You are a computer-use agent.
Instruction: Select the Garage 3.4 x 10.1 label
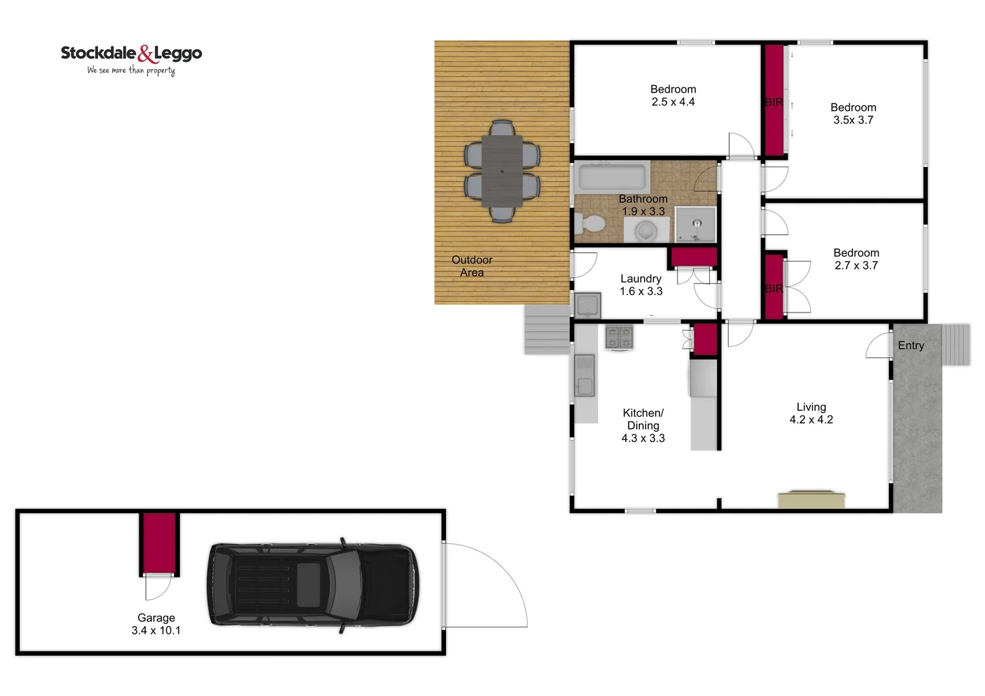(x=156, y=624)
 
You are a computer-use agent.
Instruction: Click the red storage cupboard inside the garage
(x=159, y=542)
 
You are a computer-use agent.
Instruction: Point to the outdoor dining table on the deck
(x=502, y=171)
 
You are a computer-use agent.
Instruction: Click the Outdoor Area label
(x=472, y=266)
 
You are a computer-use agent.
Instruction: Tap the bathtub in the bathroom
(x=612, y=177)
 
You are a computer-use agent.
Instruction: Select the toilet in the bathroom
(x=589, y=224)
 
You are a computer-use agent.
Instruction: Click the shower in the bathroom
(x=696, y=225)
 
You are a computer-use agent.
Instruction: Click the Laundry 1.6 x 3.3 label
(x=641, y=285)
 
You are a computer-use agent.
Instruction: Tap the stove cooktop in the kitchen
(x=619, y=337)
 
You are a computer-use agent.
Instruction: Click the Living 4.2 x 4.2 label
(x=811, y=413)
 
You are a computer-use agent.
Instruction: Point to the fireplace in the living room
(x=811, y=499)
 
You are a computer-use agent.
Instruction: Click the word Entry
(x=911, y=345)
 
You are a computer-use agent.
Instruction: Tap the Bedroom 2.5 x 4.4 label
(x=673, y=95)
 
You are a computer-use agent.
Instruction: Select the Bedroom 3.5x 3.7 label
(x=853, y=113)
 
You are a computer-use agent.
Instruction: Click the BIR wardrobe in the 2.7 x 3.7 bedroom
(x=774, y=287)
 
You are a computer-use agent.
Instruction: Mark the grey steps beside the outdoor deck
(x=547, y=329)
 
